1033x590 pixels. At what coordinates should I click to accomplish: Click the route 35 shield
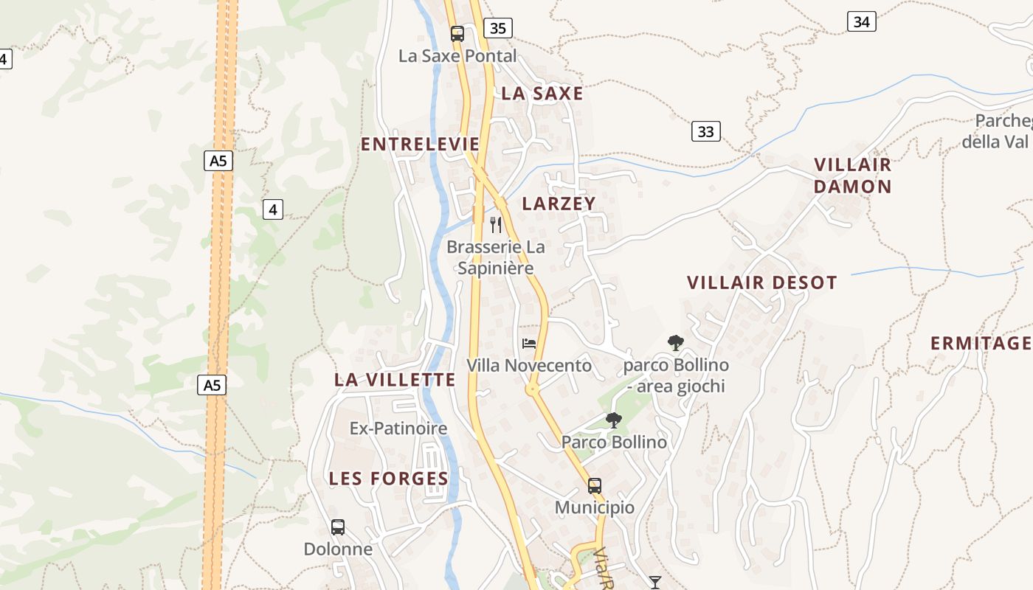(498, 29)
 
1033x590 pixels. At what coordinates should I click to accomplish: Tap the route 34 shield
(861, 21)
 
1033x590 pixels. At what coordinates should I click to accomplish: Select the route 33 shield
(706, 132)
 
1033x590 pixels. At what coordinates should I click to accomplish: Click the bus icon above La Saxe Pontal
(457, 33)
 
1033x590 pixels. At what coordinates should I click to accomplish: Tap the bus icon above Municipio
(595, 486)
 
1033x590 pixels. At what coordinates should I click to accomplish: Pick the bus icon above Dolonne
(338, 527)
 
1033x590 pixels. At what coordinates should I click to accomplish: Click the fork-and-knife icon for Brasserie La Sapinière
(496, 224)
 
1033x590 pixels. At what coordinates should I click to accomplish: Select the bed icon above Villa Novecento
(529, 343)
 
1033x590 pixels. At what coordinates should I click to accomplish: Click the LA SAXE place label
(542, 94)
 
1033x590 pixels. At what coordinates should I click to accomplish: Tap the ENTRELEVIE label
(420, 144)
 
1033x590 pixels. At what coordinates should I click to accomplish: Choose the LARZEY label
(559, 204)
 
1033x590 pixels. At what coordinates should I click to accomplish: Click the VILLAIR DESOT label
(762, 282)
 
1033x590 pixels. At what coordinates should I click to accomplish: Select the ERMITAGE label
(981, 343)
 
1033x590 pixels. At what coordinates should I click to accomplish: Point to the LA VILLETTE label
(395, 380)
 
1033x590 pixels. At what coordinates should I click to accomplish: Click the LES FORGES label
(389, 479)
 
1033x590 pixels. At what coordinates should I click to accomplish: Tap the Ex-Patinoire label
(398, 428)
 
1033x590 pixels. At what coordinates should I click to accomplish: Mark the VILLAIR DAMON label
(853, 176)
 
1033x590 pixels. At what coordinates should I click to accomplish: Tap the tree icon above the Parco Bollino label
(613, 420)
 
